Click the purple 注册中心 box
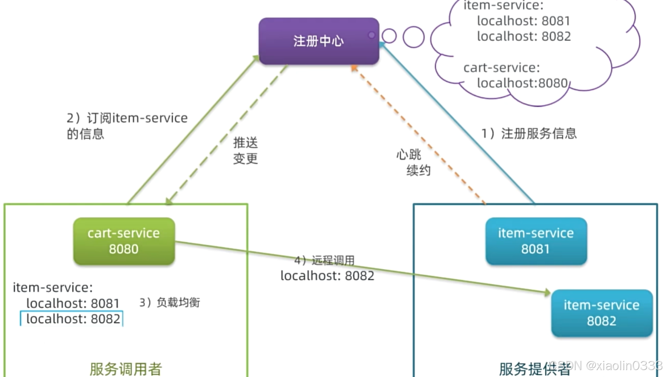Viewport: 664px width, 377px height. pyautogui.click(x=319, y=41)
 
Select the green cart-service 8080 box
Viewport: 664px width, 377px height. pyautogui.click(x=124, y=241)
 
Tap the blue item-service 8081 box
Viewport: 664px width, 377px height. pyautogui.click(x=536, y=241)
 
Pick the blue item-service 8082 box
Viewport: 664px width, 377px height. pyautogui.click(x=602, y=313)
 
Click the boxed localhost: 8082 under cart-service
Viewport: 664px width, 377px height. pyautogui.click(x=72, y=319)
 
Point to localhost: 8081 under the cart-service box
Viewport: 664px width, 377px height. pyautogui.click(x=73, y=303)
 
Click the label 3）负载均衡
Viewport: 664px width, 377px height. pyautogui.click(x=170, y=302)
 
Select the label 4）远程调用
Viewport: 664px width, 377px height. pyautogui.click(x=324, y=261)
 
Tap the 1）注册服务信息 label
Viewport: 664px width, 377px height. pyautogui.click(x=529, y=134)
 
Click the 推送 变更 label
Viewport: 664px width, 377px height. pyautogui.click(x=245, y=151)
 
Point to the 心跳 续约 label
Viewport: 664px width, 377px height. pyautogui.click(x=413, y=162)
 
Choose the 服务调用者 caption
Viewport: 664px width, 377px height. pyautogui.click(x=125, y=369)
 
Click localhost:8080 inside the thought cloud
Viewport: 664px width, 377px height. pyautogui.click(x=522, y=83)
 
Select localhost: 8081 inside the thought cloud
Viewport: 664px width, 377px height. pyautogui.click(x=523, y=21)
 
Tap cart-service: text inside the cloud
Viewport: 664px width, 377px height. pyautogui.click(x=502, y=68)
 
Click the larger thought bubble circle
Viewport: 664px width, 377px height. pyautogui.click(x=413, y=37)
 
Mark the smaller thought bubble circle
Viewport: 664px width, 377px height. pyautogui.click(x=389, y=36)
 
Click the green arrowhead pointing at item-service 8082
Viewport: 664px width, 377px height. pyautogui.click(x=547, y=293)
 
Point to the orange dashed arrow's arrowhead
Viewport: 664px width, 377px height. pyautogui.click(x=354, y=68)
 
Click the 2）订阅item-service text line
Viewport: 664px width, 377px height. pyautogui.click(x=127, y=118)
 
